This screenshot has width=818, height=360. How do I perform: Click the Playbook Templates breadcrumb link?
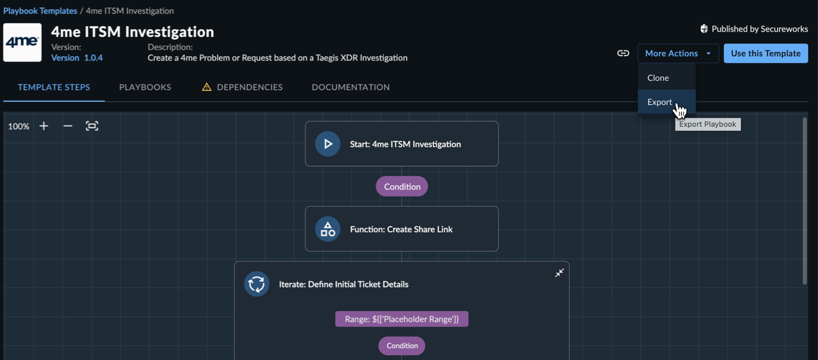(40, 11)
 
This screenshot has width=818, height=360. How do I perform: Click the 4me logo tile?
(23, 42)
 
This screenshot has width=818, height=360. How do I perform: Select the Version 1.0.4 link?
(77, 58)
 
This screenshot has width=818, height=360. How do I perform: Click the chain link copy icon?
(623, 53)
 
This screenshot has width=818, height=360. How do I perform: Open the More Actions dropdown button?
(678, 53)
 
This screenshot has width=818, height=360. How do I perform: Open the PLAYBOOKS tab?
(145, 87)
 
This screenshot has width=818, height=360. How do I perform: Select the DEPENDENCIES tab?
(242, 87)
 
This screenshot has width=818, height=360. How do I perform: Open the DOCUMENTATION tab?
(351, 87)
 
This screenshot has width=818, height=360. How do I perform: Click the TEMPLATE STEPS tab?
(54, 87)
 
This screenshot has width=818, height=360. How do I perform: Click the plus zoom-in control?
(44, 126)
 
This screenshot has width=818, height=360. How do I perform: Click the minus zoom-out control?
(68, 126)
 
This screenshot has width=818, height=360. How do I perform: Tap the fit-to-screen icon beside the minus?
(92, 126)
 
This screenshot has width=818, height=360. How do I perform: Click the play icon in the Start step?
(328, 144)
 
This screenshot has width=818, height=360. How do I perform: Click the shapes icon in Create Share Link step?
(328, 229)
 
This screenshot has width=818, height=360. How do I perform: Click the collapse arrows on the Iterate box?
(559, 273)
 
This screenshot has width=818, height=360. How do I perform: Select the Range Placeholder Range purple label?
(402, 319)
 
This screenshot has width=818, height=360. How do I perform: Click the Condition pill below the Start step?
(402, 186)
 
